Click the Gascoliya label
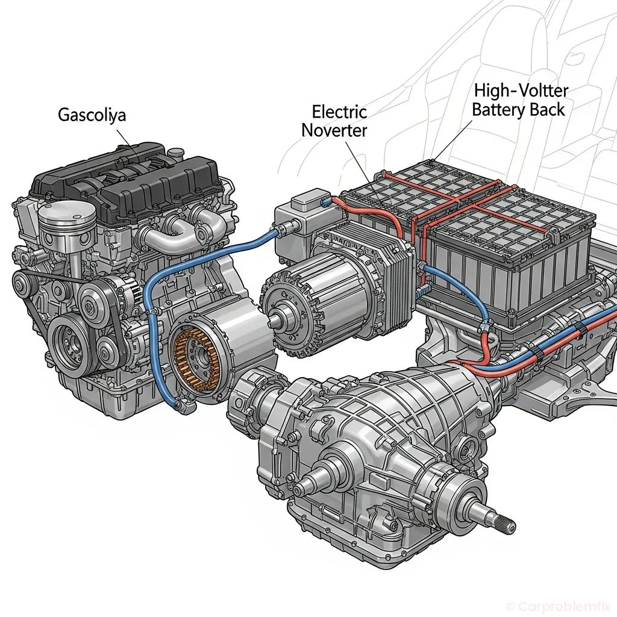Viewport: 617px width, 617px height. coord(92,114)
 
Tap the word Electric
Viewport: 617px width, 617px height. coord(339,111)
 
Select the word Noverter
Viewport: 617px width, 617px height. coord(334,130)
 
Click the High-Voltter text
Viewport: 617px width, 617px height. coord(521,91)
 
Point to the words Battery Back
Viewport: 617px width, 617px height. coord(518,110)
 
